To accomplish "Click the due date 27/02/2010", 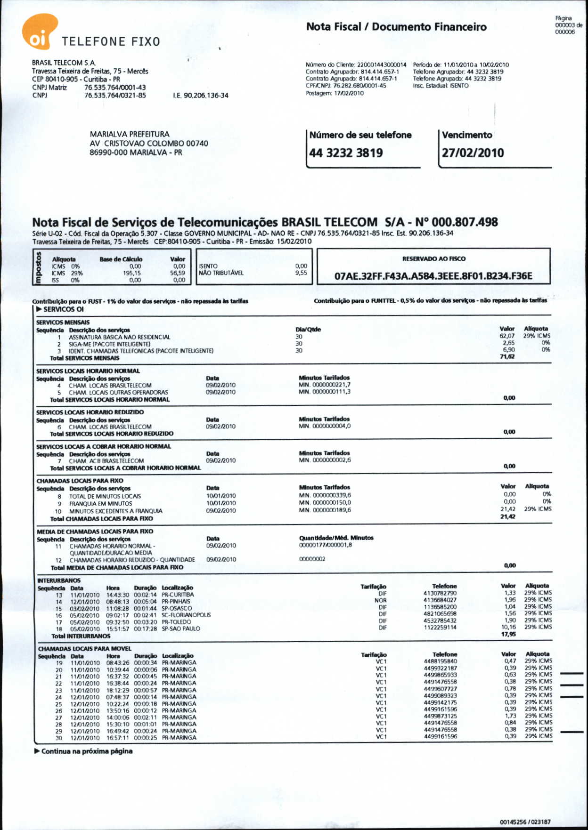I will (473, 153).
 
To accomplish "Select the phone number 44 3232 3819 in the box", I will (346, 153).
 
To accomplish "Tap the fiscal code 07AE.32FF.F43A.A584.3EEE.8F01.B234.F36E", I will (433, 276).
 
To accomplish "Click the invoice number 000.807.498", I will (465, 222).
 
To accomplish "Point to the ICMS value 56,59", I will (178, 273).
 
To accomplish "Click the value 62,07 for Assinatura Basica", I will (507, 336).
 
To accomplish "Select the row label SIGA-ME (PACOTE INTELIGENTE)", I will (109, 344).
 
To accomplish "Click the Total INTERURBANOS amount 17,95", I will (508, 634).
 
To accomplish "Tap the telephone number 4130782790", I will (440, 593).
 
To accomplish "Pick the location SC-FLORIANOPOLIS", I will (186, 615).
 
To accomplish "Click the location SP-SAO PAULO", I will (181, 629).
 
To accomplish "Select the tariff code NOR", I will (381, 600).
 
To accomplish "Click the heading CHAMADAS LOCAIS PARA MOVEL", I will (85, 649).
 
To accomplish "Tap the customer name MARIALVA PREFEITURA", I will (130, 134).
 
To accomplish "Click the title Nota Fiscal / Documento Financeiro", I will (396, 27).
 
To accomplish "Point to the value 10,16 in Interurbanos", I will (508, 627).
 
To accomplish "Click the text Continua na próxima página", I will (87, 751).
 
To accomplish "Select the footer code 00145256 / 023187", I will (525, 822).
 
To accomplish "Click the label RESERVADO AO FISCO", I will (433, 258).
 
